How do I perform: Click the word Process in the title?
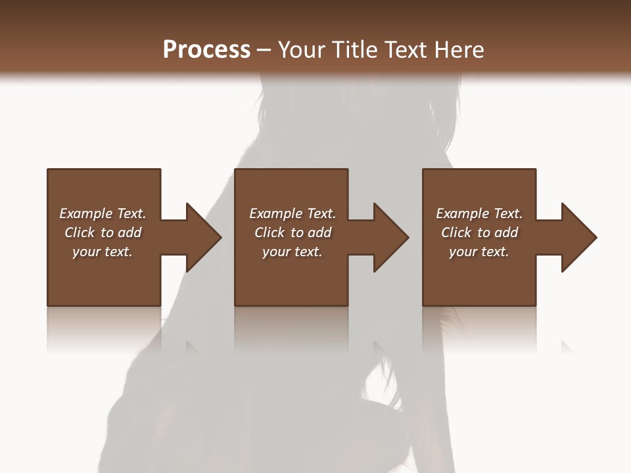click(x=206, y=50)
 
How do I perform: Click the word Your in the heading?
click(x=302, y=50)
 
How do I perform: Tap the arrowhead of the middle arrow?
click(x=390, y=237)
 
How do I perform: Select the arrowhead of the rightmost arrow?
click(x=578, y=237)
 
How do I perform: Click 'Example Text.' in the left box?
click(x=103, y=214)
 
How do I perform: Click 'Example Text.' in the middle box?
click(x=292, y=214)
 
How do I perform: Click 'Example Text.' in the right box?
click(x=479, y=214)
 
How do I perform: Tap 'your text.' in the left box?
click(x=103, y=252)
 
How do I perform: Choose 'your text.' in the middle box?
click(x=292, y=252)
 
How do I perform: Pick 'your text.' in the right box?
click(x=479, y=252)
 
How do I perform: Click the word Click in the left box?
click(x=80, y=233)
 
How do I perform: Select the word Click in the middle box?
click(x=270, y=233)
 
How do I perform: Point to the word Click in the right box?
click(x=457, y=233)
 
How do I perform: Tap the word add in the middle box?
click(x=319, y=233)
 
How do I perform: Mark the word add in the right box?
click(x=506, y=233)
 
